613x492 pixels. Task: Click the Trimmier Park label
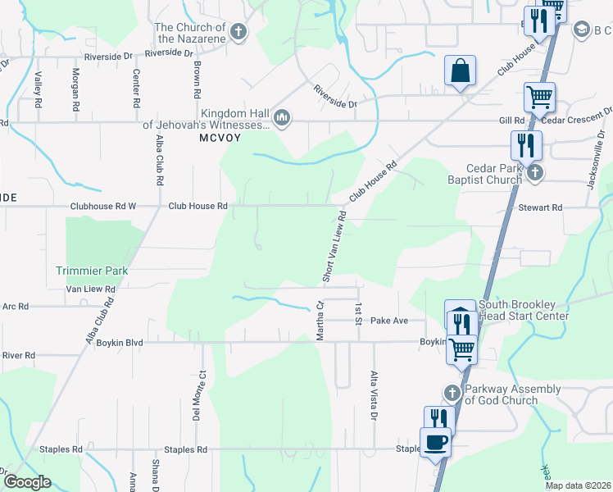[93, 270]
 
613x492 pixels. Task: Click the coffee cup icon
[435, 441]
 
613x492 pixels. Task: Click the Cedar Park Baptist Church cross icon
[535, 172]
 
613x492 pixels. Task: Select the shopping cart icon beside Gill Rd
[539, 97]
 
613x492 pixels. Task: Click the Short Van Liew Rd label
[334, 247]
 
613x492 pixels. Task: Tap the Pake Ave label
[389, 321]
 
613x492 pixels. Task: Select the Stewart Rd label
[539, 208]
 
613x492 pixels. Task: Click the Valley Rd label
[39, 86]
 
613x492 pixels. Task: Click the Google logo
[27, 482]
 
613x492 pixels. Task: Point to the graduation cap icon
[582, 30]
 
